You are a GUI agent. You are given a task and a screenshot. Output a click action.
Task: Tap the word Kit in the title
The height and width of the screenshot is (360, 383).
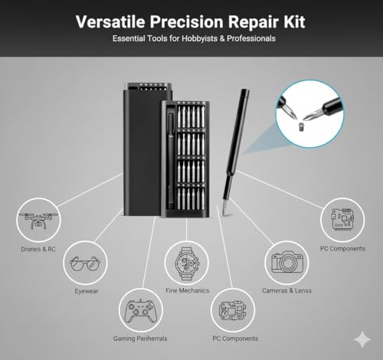click(x=291, y=21)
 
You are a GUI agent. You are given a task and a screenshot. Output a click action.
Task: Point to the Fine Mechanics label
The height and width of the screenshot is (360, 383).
click(x=187, y=291)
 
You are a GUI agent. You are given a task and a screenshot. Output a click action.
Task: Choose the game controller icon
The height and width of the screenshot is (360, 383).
click(x=139, y=312)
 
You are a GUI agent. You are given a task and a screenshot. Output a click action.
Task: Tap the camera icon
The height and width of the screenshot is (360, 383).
click(x=290, y=262)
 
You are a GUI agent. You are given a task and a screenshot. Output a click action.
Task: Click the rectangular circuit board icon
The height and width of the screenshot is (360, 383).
click(x=340, y=220)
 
